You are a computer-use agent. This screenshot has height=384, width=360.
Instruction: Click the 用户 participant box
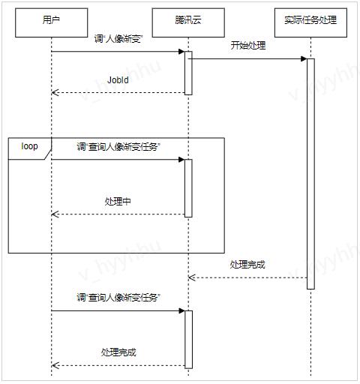click(52, 22)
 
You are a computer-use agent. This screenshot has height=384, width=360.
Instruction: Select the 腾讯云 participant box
click(188, 22)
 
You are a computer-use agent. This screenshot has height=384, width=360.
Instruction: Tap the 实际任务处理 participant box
click(310, 22)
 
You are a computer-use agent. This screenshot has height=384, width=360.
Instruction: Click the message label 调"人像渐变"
click(118, 39)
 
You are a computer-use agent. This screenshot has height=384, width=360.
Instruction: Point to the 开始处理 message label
click(248, 46)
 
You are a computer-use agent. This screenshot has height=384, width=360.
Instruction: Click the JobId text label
click(118, 80)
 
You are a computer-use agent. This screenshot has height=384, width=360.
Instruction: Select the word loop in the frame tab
click(29, 146)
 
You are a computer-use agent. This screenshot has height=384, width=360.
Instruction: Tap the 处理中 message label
click(118, 201)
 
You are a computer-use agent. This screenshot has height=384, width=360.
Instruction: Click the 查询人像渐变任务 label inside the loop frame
click(118, 147)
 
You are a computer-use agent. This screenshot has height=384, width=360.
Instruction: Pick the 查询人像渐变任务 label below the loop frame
click(118, 298)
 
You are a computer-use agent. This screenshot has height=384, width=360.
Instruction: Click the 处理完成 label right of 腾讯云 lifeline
click(247, 265)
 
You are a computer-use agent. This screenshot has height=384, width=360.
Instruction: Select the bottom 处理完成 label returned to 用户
click(118, 352)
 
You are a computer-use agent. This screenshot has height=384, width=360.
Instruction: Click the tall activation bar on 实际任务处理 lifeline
click(310, 174)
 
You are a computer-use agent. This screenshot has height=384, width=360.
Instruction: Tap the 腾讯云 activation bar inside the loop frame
click(188, 188)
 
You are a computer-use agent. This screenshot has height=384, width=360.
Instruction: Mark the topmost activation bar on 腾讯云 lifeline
click(188, 73)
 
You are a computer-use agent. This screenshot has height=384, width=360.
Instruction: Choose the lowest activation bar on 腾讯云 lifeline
click(188, 340)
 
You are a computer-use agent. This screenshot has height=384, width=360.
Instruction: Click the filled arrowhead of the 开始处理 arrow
click(304, 59)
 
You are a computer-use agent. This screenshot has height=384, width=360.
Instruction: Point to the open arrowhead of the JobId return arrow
click(55, 92)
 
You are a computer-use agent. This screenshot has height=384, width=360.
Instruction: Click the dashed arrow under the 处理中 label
click(118, 214)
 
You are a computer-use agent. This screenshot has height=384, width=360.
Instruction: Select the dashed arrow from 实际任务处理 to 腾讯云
click(247, 277)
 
